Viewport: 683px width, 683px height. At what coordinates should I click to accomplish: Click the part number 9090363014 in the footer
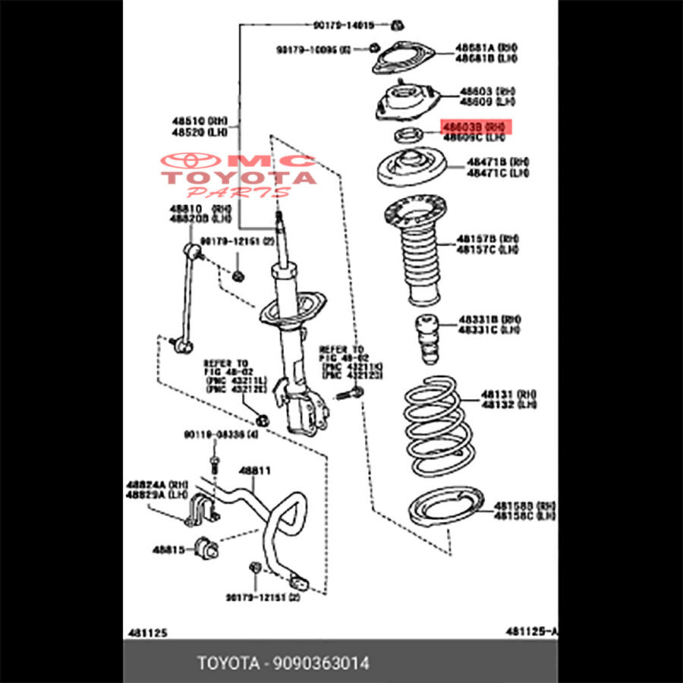323,663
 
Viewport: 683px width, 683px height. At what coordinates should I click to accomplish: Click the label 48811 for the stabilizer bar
255,471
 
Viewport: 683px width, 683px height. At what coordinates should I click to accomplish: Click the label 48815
169,548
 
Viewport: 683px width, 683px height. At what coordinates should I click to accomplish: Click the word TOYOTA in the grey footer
228,663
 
